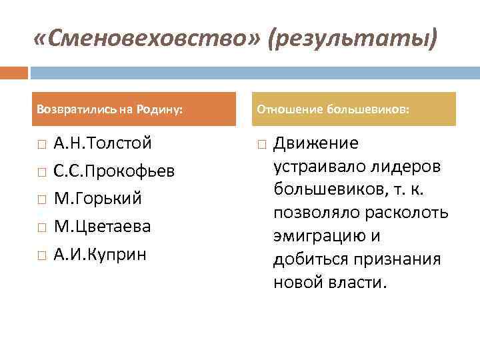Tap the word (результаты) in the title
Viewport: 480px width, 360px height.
(x=353, y=41)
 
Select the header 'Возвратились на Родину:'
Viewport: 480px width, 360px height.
(x=110, y=109)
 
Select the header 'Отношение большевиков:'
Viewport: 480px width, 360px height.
(x=334, y=109)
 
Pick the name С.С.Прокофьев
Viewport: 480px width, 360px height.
(x=114, y=171)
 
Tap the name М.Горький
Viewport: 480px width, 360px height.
(x=97, y=199)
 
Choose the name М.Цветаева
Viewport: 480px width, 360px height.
(x=102, y=227)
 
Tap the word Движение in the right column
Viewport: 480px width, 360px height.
(x=316, y=143)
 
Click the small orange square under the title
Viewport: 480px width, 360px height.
(x=14, y=72)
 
